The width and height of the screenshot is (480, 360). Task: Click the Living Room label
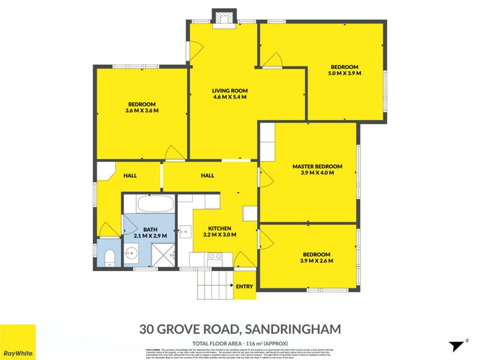(x=229, y=94)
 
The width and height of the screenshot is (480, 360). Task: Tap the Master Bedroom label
(x=317, y=169)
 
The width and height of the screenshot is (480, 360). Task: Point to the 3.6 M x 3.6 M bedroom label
(x=142, y=107)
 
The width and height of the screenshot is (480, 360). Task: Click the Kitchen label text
(x=220, y=232)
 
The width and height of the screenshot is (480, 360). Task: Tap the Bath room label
(x=150, y=233)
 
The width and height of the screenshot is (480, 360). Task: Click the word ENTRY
(x=244, y=287)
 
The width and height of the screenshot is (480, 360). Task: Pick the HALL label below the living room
(x=208, y=176)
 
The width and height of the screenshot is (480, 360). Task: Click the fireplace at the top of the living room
(x=224, y=17)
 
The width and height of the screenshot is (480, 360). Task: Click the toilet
(x=109, y=258)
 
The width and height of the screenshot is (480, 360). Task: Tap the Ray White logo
(x=17, y=342)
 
